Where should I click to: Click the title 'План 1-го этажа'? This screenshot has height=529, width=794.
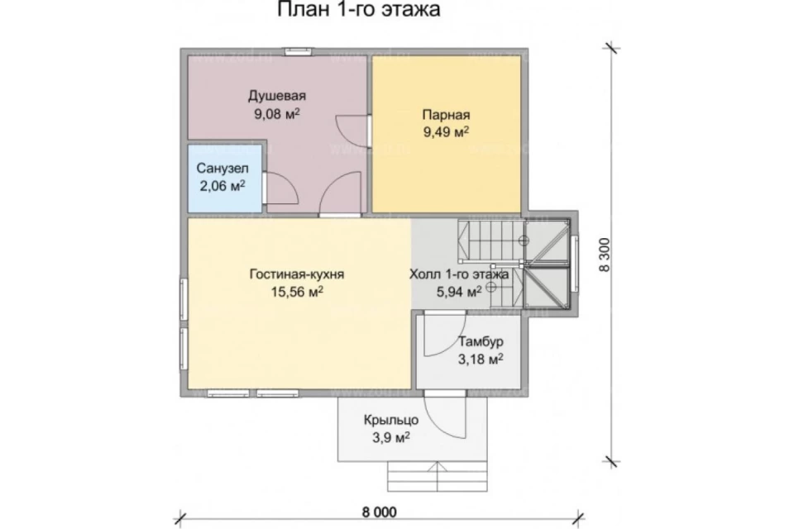pyautogui.click(x=358, y=9)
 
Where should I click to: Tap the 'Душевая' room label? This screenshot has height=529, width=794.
pyautogui.click(x=277, y=96)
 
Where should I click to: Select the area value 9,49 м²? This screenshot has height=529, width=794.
pyautogui.click(x=446, y=132)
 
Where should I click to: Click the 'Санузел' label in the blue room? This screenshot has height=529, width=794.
pyautogui.click(x=222, y=168)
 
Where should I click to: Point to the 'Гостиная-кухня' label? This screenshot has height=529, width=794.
pyautogui.click(x=297, y=274)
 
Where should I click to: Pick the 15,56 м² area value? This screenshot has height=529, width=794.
pyautogui.click(x=297, y=292)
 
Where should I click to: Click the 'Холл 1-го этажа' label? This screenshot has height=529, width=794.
pyautogui.click(x=459, y=274)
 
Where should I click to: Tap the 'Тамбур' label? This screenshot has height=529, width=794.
pyautogui.click(x=481, y=341)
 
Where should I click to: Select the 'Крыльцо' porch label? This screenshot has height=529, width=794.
pyautogui.click(x=391, y=420)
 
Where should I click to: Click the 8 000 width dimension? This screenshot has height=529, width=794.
pyautogui.click(x=380, y=512)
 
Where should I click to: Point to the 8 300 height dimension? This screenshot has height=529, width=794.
pyautogui.click(x=605, y=255)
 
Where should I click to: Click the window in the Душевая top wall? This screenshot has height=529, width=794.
pyautogui.click(x=297, y=51)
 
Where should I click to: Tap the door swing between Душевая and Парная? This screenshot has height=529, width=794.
pyautogui.click(x=352, y=131)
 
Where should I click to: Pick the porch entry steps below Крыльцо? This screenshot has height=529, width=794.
pyautogui.click(x=438, y=476)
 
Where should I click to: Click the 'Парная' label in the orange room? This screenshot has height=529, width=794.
pyautogui.click(x=446, y=115)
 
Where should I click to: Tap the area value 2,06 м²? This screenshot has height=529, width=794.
pyautogui.click(x=222, y=186)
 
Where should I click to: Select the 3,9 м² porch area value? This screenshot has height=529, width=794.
pyautogui.click(x=391, y=438)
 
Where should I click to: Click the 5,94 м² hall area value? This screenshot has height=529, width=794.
pyautogui.click(x=459, y=292)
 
